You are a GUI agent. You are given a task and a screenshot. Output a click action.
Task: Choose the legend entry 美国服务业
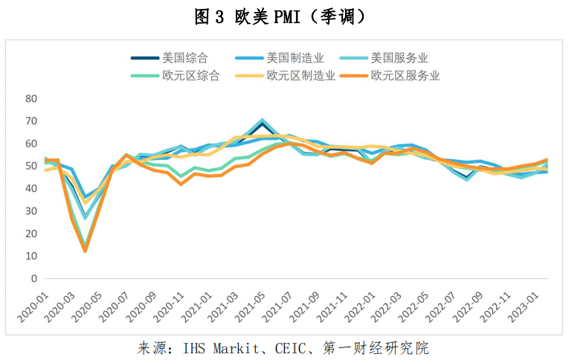399,58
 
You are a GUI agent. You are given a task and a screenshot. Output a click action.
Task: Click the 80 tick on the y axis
30,98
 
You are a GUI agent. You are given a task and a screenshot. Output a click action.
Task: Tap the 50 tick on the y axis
30,166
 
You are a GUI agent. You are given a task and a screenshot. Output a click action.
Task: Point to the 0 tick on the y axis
33,279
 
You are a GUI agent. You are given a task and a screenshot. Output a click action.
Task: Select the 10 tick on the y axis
30,257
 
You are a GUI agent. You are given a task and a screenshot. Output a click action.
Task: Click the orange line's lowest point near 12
85,251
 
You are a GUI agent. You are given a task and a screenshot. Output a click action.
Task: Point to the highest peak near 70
263,120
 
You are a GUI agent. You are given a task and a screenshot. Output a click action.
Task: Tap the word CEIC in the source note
290,348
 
